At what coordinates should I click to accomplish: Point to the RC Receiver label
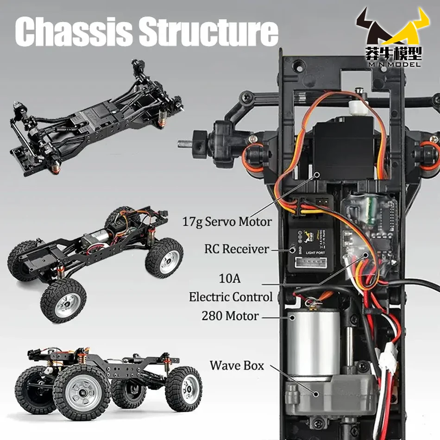click(236, 249)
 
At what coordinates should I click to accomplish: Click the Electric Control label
click(231, 297)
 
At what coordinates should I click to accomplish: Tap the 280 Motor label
click(230, 316)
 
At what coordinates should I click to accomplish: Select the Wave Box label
click(237, 365)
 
